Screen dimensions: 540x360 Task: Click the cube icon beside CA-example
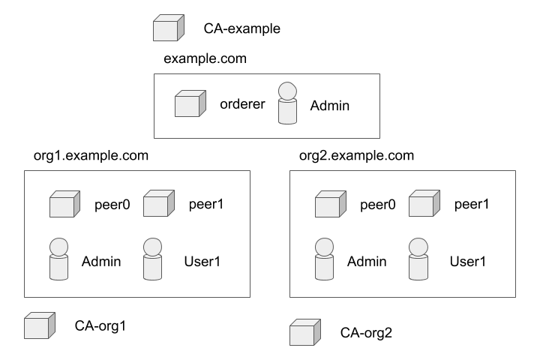tap(169, 28)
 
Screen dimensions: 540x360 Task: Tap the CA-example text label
tap(241, 28)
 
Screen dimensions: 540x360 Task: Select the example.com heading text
tap(205, 58)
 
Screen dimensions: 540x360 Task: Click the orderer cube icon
tap(190, 103)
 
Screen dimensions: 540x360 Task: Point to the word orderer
tap(242, 104)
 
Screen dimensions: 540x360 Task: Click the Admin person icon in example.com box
tap(287, 103)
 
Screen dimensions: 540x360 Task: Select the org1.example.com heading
tap(91, 156)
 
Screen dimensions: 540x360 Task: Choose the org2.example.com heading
tap(356, 156)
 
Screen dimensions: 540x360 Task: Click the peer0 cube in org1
tap(64, 204)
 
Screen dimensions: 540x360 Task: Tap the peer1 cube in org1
tap(159, 203)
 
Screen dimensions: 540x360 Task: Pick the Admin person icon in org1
tap(59, 259)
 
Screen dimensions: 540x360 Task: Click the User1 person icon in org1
tap(152, 259)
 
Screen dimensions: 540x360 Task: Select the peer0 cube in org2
tap(331, 204)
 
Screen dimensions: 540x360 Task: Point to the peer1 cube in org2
tap(424, 203)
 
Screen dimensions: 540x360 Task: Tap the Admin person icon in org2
tap(325, 259)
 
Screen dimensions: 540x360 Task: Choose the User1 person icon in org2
tap(418, 259)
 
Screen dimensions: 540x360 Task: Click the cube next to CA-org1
tap(40, 325)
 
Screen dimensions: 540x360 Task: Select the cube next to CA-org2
tap(305, 332)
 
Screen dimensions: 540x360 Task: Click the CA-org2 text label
tap(366, 333)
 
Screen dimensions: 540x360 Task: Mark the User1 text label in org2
tap(468, 262)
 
